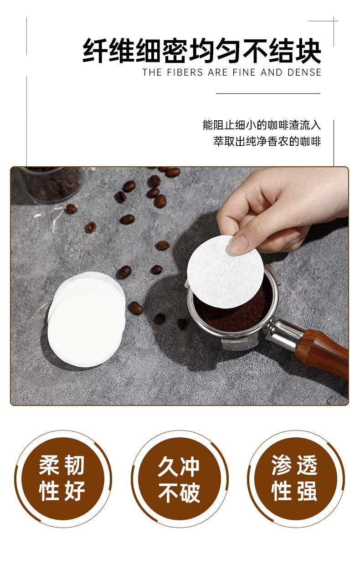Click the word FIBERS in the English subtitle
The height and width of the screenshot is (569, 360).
pyautogui.click(x=185, y=72)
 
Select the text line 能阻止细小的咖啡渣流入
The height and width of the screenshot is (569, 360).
pyautogui.click(x=262, y=125)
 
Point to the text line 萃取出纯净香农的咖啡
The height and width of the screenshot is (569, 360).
pyautogui.click(x=267, y=141)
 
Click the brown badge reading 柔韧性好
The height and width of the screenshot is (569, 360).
pyautogui.click(x=63, y=479)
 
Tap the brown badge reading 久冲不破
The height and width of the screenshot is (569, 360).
pyautogui.click(x=180, y=479)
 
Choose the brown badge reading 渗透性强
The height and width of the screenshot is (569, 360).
pyautogui.click(x=296, y=479)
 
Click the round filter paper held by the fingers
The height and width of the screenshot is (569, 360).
pyautogui.click(x=225, y=272)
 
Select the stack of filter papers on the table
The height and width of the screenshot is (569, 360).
pyautogui.click(x=87, y=319)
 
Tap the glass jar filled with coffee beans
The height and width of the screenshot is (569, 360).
pyautogui.click(x=52, y=184)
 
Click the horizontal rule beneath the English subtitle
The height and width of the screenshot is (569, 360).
pyautogui.click(x=268, y=93)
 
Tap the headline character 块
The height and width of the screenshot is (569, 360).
pyautogui.click(x=308, y=51)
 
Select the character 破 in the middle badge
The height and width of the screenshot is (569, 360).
pyautogui.click(x=190, y=493)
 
